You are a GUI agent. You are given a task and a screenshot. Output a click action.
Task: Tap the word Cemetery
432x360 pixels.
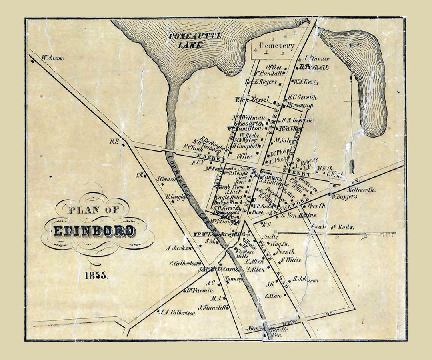pos(277,46)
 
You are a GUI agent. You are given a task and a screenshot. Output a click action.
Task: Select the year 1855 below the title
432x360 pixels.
pos(96,275)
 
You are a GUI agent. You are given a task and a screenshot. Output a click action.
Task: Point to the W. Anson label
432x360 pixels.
pos(52,58)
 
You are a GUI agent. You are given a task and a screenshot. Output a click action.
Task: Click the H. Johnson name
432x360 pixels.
pos(305,280)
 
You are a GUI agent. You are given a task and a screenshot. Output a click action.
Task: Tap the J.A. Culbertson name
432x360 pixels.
pos(177,313)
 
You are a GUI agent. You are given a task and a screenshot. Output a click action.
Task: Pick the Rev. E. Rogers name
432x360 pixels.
pos(261,82)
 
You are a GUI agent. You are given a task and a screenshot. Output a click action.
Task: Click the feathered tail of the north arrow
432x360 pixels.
pos(352,166)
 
